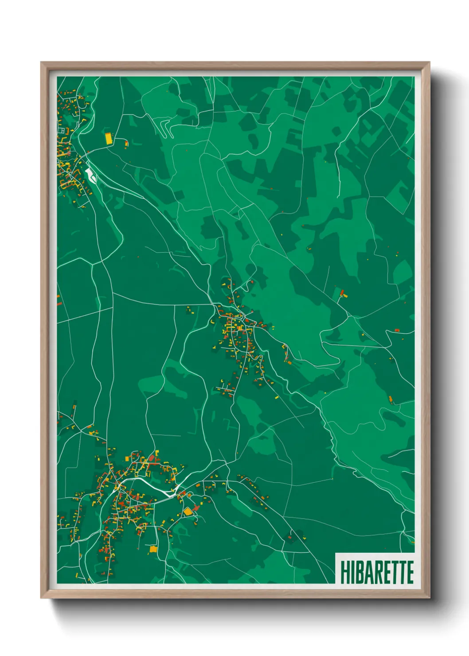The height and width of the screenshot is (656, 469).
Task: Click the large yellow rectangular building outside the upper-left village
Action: [x=109, y=138]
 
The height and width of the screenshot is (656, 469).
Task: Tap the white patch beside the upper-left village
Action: [x=91, y=175]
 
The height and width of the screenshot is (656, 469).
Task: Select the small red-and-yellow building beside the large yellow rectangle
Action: [x=126, y=143]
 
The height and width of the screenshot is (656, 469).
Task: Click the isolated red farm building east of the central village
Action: [x=342, y=292]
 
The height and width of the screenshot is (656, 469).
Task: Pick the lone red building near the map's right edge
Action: [x=397, y=330]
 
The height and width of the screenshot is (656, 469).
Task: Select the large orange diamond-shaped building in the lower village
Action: [x=188, y=512]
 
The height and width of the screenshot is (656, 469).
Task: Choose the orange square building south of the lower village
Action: [x=153, y=549]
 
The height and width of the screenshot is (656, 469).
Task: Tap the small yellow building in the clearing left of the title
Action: [x=305, y=538]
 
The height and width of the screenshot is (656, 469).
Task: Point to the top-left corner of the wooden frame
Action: [x=41, y=62]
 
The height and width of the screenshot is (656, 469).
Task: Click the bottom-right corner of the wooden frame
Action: [x=429, y=597]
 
